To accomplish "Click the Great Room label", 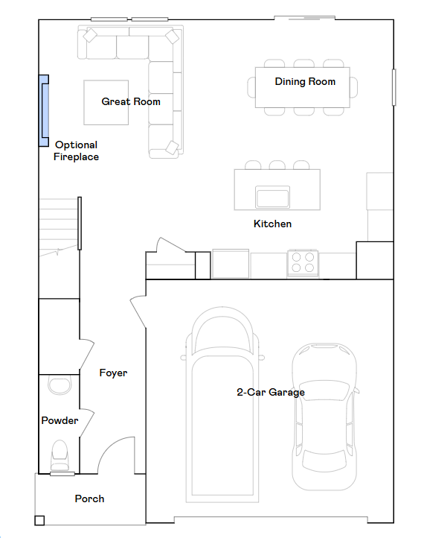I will [x=131, y=101].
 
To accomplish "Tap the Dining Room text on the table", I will [x=305, y=81].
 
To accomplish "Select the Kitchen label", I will [x=272, y=224].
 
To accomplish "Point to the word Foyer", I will [x=113, y=373].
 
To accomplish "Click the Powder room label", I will [x=60, y=420].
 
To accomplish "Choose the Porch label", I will [x=89, y=499].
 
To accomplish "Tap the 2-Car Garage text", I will [x=271, y=392].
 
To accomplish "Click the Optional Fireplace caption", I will [x=76, y=151].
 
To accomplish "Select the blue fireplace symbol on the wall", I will [x=44, y=110].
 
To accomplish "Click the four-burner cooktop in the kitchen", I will [x=302, y=263].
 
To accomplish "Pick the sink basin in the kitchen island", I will [x=272, y=197].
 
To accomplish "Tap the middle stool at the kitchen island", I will [x=277, y=165].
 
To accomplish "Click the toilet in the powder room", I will [x=59, y=453].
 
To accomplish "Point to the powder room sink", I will [x=57, y=384].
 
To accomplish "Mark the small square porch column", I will [x=39, y=521].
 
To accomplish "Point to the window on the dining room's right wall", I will [x=394, y=87].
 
